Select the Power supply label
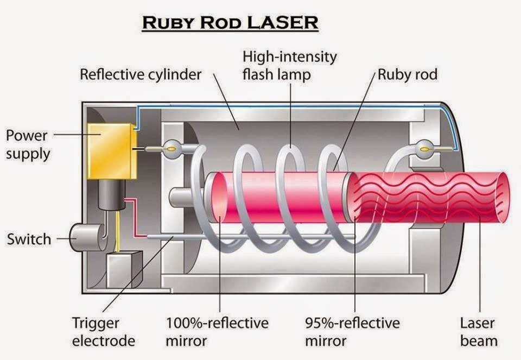(27, 144)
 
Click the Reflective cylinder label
(140, 74)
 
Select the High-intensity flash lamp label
(289, 65)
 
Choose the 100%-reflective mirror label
(217, 332)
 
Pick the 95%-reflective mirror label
(352, 332)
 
